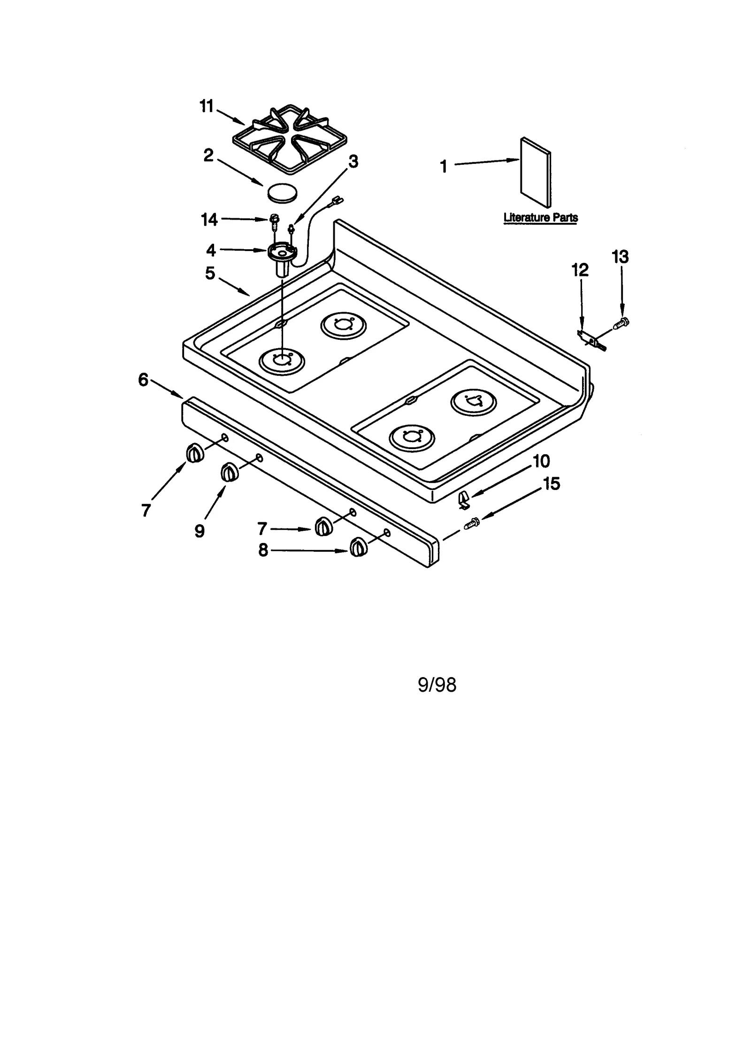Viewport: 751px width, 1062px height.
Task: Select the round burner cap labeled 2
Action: click(282, 192)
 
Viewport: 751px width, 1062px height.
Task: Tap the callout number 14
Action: click(209, 219)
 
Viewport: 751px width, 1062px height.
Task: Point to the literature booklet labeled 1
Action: click(535, 172)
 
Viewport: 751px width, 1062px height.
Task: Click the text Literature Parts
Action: click(540, 218)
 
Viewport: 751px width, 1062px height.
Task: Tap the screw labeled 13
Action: click(621, 322)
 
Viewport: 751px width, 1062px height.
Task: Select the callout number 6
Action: click(143, 380)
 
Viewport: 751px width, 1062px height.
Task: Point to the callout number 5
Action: click(210, 273)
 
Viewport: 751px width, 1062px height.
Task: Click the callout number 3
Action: click(353, 161)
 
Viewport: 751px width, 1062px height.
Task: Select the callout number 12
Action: click(580, 270)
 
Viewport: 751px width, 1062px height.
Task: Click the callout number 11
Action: click(207, 107)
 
